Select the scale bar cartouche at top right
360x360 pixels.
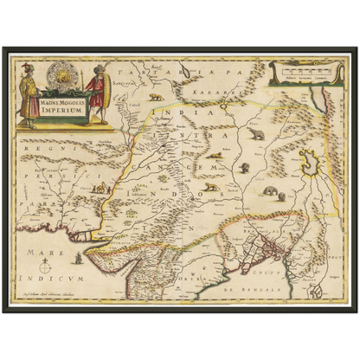click(299, 72)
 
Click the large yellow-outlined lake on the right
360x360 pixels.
click(308, 160)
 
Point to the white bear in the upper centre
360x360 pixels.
click(257, 135)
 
